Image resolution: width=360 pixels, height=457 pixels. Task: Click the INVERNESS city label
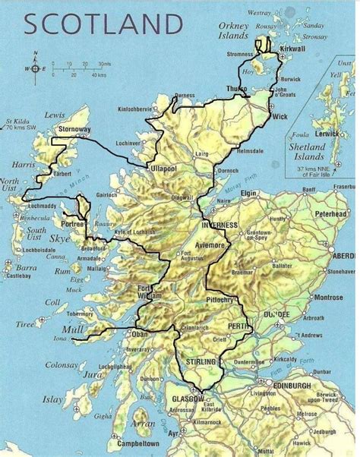(220, 225)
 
